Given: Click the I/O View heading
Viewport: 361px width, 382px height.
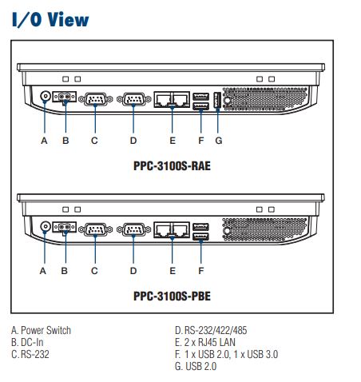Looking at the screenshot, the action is coord(50,19).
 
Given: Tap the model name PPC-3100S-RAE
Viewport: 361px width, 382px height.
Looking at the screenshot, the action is coord(172,165).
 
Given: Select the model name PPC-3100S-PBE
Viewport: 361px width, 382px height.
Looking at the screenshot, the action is coord(172,296).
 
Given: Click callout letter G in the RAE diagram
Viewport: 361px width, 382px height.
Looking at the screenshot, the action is coord(219,141).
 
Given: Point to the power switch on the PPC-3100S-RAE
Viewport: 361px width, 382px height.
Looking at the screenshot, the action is coord(46,96).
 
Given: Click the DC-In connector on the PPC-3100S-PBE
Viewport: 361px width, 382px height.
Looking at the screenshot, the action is coord(65,227).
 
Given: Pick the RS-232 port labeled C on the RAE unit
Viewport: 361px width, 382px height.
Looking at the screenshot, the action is coord(96,99).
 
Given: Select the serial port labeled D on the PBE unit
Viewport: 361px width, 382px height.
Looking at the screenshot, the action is coord(133,229).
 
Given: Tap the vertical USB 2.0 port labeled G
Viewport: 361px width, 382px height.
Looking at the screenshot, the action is coord(217,100).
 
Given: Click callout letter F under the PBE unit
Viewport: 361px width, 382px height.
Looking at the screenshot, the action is coord(201,271).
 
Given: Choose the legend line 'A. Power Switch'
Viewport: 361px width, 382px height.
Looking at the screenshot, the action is coord(42,330).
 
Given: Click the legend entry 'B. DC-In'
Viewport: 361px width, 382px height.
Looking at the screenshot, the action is coord(27,342).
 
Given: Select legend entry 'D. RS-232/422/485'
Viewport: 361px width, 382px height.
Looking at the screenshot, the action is coord(211,330).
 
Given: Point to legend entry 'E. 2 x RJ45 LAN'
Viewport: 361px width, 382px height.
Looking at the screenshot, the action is coord(205,342).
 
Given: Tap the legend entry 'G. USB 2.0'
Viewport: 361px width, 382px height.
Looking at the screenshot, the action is coord(196,366).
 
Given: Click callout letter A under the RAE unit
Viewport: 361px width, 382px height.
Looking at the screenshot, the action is coord(44,141).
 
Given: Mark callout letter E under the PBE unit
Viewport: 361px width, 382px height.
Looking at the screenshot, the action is coord(173,271).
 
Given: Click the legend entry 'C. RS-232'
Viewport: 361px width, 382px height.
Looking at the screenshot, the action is coord(30,354).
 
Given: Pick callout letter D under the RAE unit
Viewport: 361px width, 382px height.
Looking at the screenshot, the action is coord(133,141).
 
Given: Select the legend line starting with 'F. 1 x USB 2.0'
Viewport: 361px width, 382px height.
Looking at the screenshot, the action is coord(227,354).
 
